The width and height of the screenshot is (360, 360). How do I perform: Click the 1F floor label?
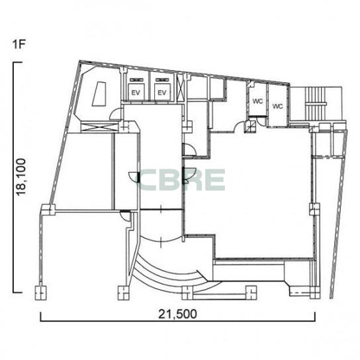pos(19,44)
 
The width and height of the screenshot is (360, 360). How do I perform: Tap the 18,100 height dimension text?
pos(21,177)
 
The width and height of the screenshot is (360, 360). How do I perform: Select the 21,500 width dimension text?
pos(177,314)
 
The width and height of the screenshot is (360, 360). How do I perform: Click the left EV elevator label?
pos(136,93)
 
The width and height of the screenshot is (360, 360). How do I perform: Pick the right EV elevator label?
pos(162,93)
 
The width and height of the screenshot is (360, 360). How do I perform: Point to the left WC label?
pos(257,101)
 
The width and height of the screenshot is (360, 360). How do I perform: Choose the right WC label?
pos(277,107)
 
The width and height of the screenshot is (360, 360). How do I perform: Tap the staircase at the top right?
pos(316,104)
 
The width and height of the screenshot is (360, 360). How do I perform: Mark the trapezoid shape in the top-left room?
pos(100,94)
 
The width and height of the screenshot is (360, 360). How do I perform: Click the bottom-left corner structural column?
pos(40,292)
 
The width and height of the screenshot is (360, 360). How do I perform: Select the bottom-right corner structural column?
pos(315,292)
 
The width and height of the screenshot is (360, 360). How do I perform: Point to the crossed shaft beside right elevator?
pos(180,87)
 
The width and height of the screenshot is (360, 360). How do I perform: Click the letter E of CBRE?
pos(215,180)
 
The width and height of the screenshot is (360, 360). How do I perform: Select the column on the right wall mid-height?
pos(314,209)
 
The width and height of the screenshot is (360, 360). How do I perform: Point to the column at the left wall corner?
pos(48,210)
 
